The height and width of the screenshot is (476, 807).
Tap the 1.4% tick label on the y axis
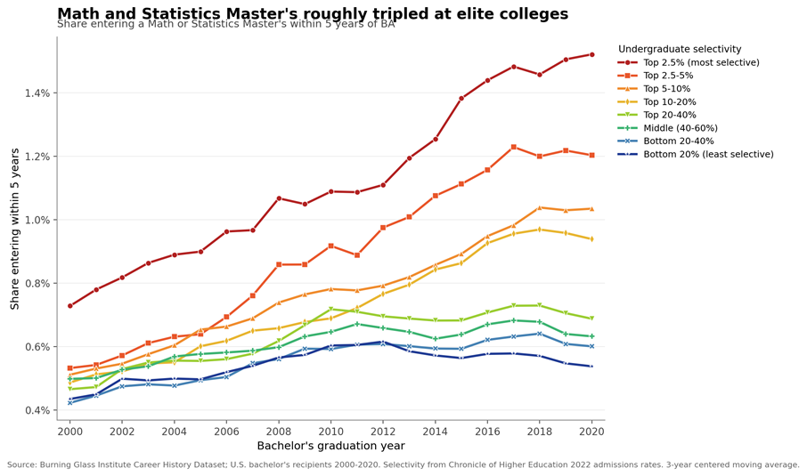(x=37, y=93)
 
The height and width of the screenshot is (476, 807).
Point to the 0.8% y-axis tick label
(x=37, y=283)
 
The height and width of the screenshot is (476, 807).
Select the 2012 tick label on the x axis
(x=382, y=432)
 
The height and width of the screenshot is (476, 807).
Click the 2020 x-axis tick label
(x=591, y=432)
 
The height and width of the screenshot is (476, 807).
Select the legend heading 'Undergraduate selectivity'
(x=680, y=49)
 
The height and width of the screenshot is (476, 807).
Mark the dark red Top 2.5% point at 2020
(x=591, y=54)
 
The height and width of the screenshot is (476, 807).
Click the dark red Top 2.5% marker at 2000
(x=70, y=306)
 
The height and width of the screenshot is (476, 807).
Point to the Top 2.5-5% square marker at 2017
(x=514, y=147)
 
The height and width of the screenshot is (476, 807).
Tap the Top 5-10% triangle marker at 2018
(x=540, y=207)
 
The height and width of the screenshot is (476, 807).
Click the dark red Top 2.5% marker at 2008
(x=279, y=198)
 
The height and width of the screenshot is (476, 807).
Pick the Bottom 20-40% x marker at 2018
(x=540, y=334)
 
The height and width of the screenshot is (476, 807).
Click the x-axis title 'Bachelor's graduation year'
(x=331, y=446)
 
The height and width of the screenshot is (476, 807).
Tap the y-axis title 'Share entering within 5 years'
(x=15, y=229)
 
